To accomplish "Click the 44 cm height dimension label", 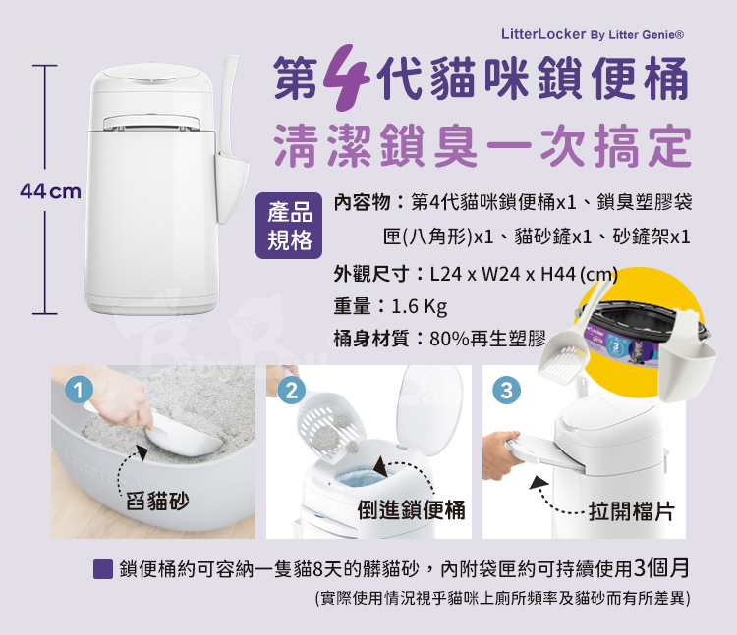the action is (51, 191).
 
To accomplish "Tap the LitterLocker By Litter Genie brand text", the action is (593, 34).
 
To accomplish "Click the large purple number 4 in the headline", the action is (346, 78).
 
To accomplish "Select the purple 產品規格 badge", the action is (289, 226).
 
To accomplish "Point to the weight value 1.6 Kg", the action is (420, 306).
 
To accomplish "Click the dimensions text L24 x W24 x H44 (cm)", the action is (524, 274).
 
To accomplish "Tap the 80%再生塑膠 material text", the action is (487, 338).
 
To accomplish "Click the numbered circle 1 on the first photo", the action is (79, 391).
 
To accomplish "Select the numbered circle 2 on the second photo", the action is (292, 391).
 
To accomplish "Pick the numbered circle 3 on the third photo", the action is (507, 391).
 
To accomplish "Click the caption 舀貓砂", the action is (157, 501).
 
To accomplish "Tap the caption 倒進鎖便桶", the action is (412, 509).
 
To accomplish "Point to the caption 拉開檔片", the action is (632, 510).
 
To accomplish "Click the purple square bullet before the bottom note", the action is (103, 569).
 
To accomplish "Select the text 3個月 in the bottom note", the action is (661, 568).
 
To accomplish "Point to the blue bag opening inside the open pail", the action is (362, 478).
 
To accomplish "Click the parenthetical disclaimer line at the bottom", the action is (502, 598).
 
